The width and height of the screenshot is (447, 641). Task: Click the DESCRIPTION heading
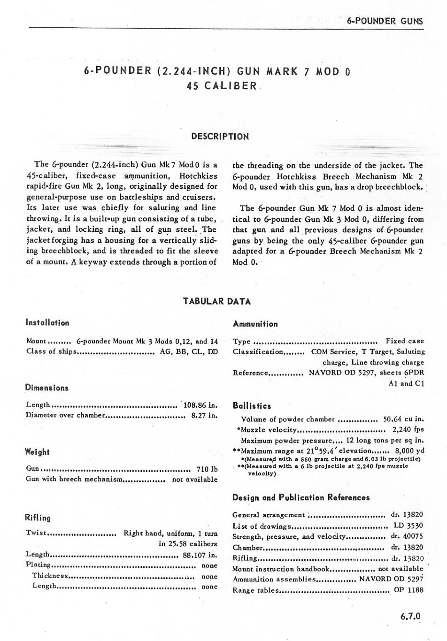[x=220, y=137]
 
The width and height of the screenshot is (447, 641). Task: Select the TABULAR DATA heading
[x=216, y=301]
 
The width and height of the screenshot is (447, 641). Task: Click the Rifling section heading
[x=38, y=518]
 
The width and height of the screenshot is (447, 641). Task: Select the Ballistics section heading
[x=252, y=406]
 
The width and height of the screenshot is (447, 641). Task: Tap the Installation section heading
[x=47, y=323]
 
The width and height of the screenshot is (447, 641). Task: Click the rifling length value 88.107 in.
[x=200, y=555]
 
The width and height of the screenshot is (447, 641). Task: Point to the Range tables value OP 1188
[x=408, y=590]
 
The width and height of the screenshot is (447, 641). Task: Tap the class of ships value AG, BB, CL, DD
[x=186, y=351]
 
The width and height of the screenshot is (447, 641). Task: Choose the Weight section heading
[x=37, y=452]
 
